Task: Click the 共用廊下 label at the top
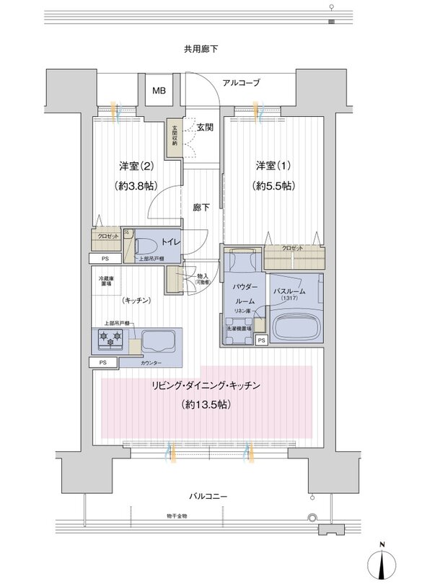click(201, 50)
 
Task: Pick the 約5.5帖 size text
click(271, 186)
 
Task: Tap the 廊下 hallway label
click(202, 208)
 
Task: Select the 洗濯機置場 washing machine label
click(239, 329)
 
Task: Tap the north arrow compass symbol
click(382, 562)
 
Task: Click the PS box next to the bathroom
click(260, 340)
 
